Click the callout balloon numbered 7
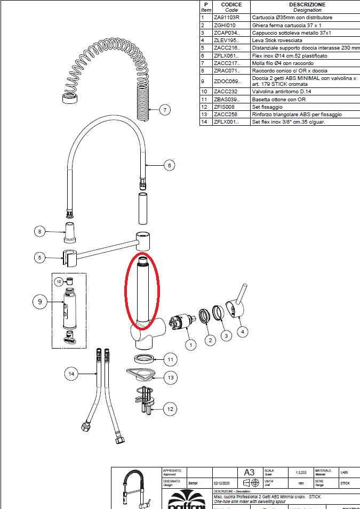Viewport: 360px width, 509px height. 165,110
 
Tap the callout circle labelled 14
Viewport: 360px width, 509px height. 71,374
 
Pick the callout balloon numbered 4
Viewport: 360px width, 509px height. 243,332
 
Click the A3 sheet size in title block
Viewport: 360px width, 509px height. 249,472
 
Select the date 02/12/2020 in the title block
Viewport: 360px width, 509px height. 221,482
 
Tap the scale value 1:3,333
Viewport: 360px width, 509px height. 300,472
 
